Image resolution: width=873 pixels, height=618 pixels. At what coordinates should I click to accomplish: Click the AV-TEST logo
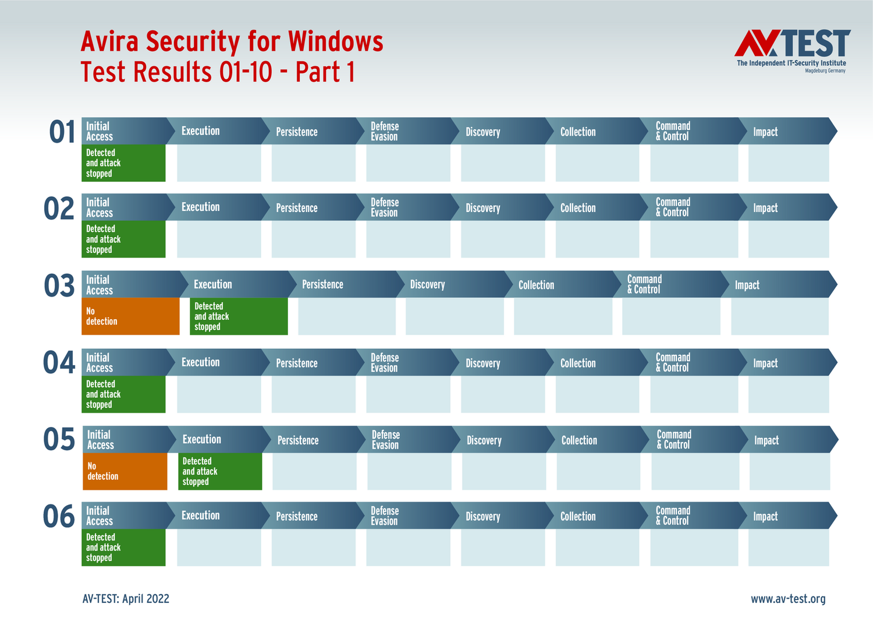792,49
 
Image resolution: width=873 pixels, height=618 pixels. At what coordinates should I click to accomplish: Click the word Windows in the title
335,42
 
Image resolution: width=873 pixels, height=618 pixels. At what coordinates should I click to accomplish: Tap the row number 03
59,286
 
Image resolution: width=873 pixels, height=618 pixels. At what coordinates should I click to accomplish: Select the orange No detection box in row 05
125,471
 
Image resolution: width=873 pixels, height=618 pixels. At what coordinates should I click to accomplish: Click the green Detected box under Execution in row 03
239,316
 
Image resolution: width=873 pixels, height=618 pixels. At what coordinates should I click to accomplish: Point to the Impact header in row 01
765,132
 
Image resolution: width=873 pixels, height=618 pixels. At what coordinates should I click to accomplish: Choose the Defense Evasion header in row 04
385,362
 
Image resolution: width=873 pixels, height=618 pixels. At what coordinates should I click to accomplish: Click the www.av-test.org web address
788,599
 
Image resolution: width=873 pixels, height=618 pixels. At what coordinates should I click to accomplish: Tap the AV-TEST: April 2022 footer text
126,599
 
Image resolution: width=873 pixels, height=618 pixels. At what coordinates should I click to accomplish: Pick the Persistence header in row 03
322,285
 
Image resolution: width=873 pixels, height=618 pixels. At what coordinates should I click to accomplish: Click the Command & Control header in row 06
673,516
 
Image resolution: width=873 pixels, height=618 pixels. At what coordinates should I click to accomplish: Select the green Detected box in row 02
123,239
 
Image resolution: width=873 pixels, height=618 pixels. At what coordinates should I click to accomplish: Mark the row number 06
59,517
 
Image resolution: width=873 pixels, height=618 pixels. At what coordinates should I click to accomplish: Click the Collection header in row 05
579,440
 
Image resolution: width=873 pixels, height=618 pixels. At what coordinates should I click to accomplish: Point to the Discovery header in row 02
482,208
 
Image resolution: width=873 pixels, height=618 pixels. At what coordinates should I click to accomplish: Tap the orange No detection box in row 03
130,316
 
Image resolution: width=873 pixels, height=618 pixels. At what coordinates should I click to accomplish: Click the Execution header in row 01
200,131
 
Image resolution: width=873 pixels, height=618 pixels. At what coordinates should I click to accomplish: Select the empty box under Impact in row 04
789,394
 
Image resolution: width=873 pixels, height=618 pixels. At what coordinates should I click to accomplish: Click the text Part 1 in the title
325,72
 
